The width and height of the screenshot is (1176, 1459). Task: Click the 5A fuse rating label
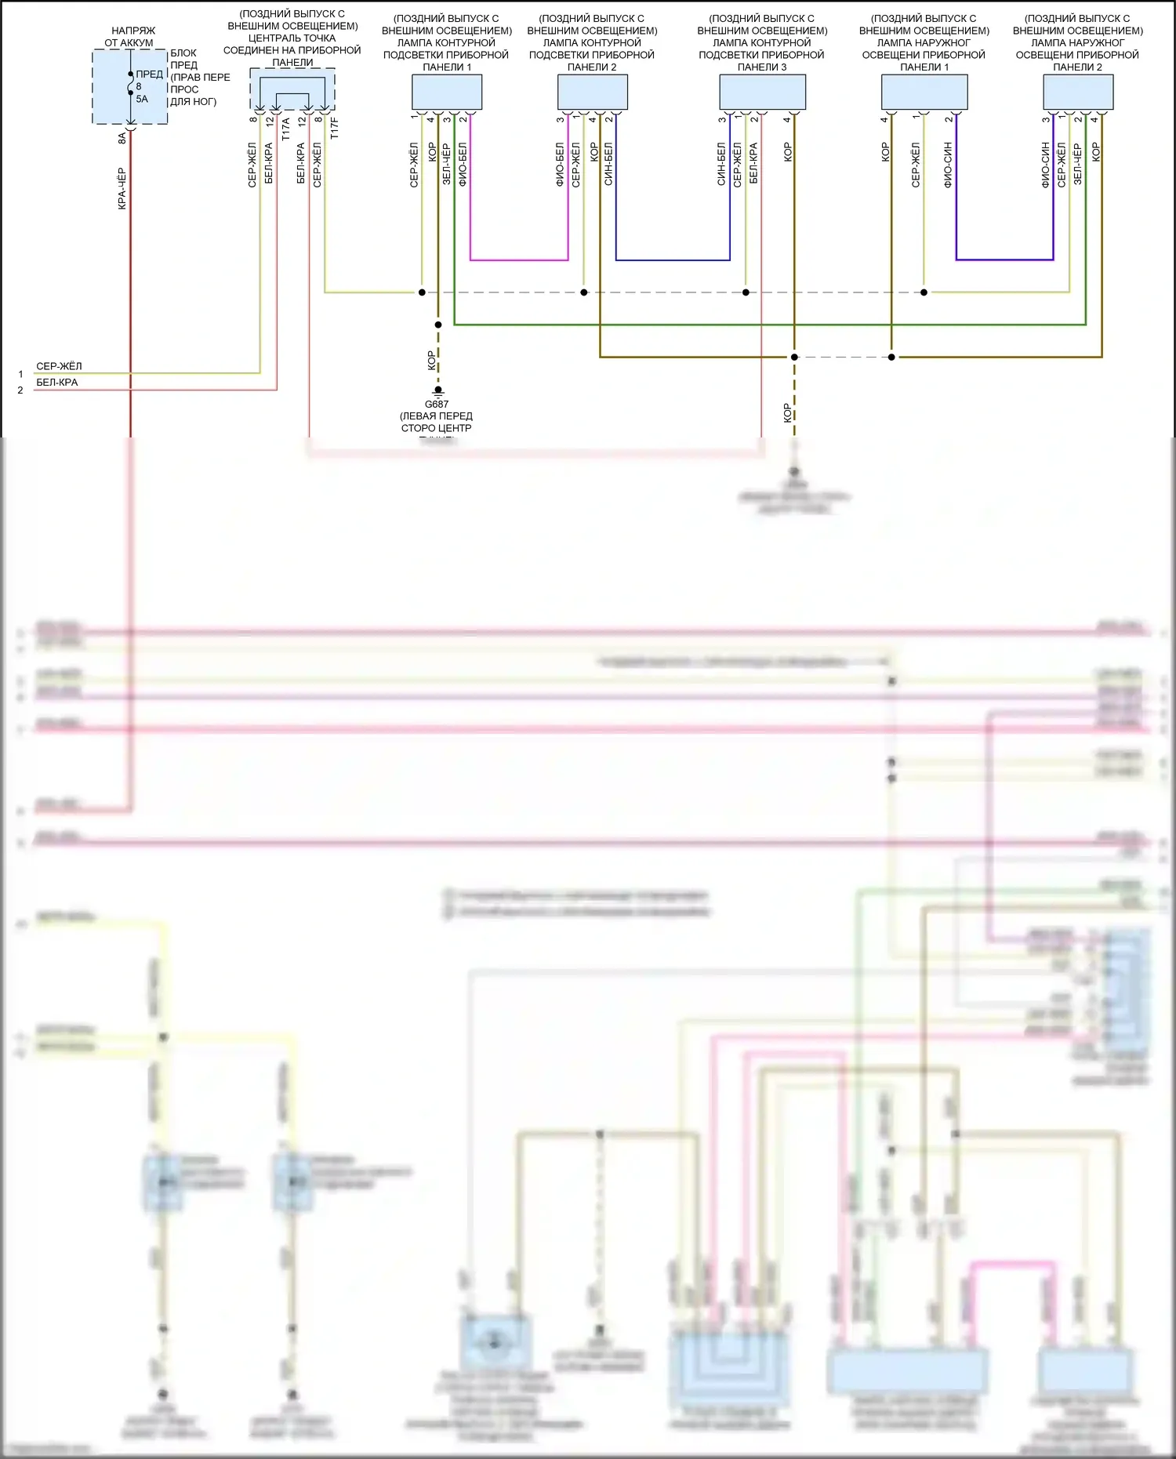coord(142,100)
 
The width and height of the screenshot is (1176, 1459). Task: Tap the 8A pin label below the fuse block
coord(122,138)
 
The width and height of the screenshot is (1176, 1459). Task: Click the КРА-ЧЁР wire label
coord(122,189)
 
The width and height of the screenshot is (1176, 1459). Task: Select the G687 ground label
coord(437,405)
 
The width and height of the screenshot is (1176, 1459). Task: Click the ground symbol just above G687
coord(438,390)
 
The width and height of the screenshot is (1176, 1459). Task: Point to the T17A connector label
coord(286,129)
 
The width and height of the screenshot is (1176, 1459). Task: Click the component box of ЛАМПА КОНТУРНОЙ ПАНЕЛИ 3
coord(762,93)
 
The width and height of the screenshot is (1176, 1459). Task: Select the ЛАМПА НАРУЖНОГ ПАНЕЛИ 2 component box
coord(1078,93)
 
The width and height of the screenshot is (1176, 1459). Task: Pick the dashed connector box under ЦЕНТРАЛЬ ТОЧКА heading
coord(292,89)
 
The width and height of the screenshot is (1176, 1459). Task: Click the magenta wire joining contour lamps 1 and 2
coord(519,259)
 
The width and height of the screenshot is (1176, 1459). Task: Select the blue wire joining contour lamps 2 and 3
coord(673,259)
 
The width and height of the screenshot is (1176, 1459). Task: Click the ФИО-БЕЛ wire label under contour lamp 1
coord(463,165)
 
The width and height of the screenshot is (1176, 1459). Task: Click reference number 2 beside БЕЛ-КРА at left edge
coord(20,390)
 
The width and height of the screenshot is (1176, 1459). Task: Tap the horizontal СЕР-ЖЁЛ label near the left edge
coord(59,366)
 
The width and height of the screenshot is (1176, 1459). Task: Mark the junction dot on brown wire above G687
coord(438,325)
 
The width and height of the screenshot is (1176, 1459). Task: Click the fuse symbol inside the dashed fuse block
coord(131,84)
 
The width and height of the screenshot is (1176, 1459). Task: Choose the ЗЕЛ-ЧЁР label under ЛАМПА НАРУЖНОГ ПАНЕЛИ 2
coord(1078,165)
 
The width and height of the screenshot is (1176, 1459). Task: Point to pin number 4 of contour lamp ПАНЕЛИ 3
coord(786,119)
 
